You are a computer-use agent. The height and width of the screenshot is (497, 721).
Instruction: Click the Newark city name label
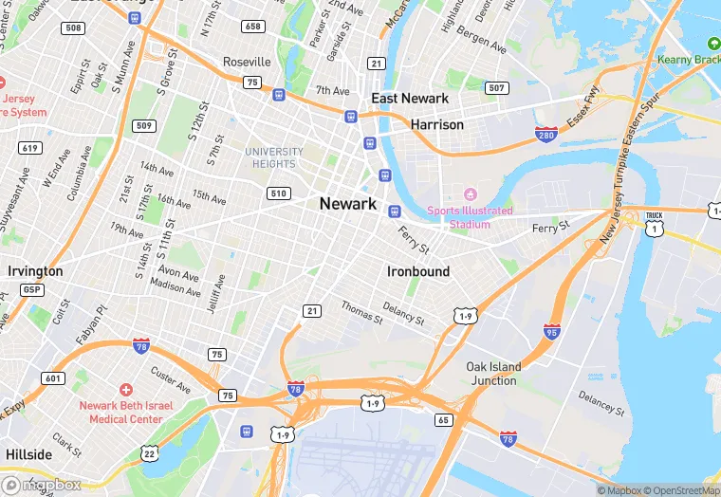348,204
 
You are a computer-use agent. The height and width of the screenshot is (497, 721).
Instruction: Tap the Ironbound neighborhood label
418,271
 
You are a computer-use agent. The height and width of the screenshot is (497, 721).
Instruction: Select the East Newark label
410,99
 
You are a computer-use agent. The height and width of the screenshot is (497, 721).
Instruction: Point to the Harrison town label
436,124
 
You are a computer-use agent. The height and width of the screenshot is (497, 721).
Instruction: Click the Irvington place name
35,271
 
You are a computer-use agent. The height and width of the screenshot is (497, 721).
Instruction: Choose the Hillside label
28,454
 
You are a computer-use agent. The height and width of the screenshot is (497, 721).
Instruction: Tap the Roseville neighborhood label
247,62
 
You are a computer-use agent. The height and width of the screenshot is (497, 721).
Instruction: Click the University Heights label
274,157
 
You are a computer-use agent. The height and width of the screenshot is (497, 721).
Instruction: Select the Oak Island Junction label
493,374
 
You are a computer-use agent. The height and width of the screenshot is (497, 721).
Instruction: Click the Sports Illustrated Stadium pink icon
466,194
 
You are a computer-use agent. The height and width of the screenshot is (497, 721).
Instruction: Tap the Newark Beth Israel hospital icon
126,390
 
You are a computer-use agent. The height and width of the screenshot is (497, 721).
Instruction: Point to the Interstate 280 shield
545,135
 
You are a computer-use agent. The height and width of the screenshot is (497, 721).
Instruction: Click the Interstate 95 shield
552,331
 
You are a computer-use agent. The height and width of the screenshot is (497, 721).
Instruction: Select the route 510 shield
278,193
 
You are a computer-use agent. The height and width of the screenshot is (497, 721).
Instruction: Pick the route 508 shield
73,28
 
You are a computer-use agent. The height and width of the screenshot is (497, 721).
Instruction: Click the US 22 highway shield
149,454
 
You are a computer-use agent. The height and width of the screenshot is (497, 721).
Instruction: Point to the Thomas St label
361,312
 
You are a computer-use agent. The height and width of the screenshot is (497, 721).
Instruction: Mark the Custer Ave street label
171,381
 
